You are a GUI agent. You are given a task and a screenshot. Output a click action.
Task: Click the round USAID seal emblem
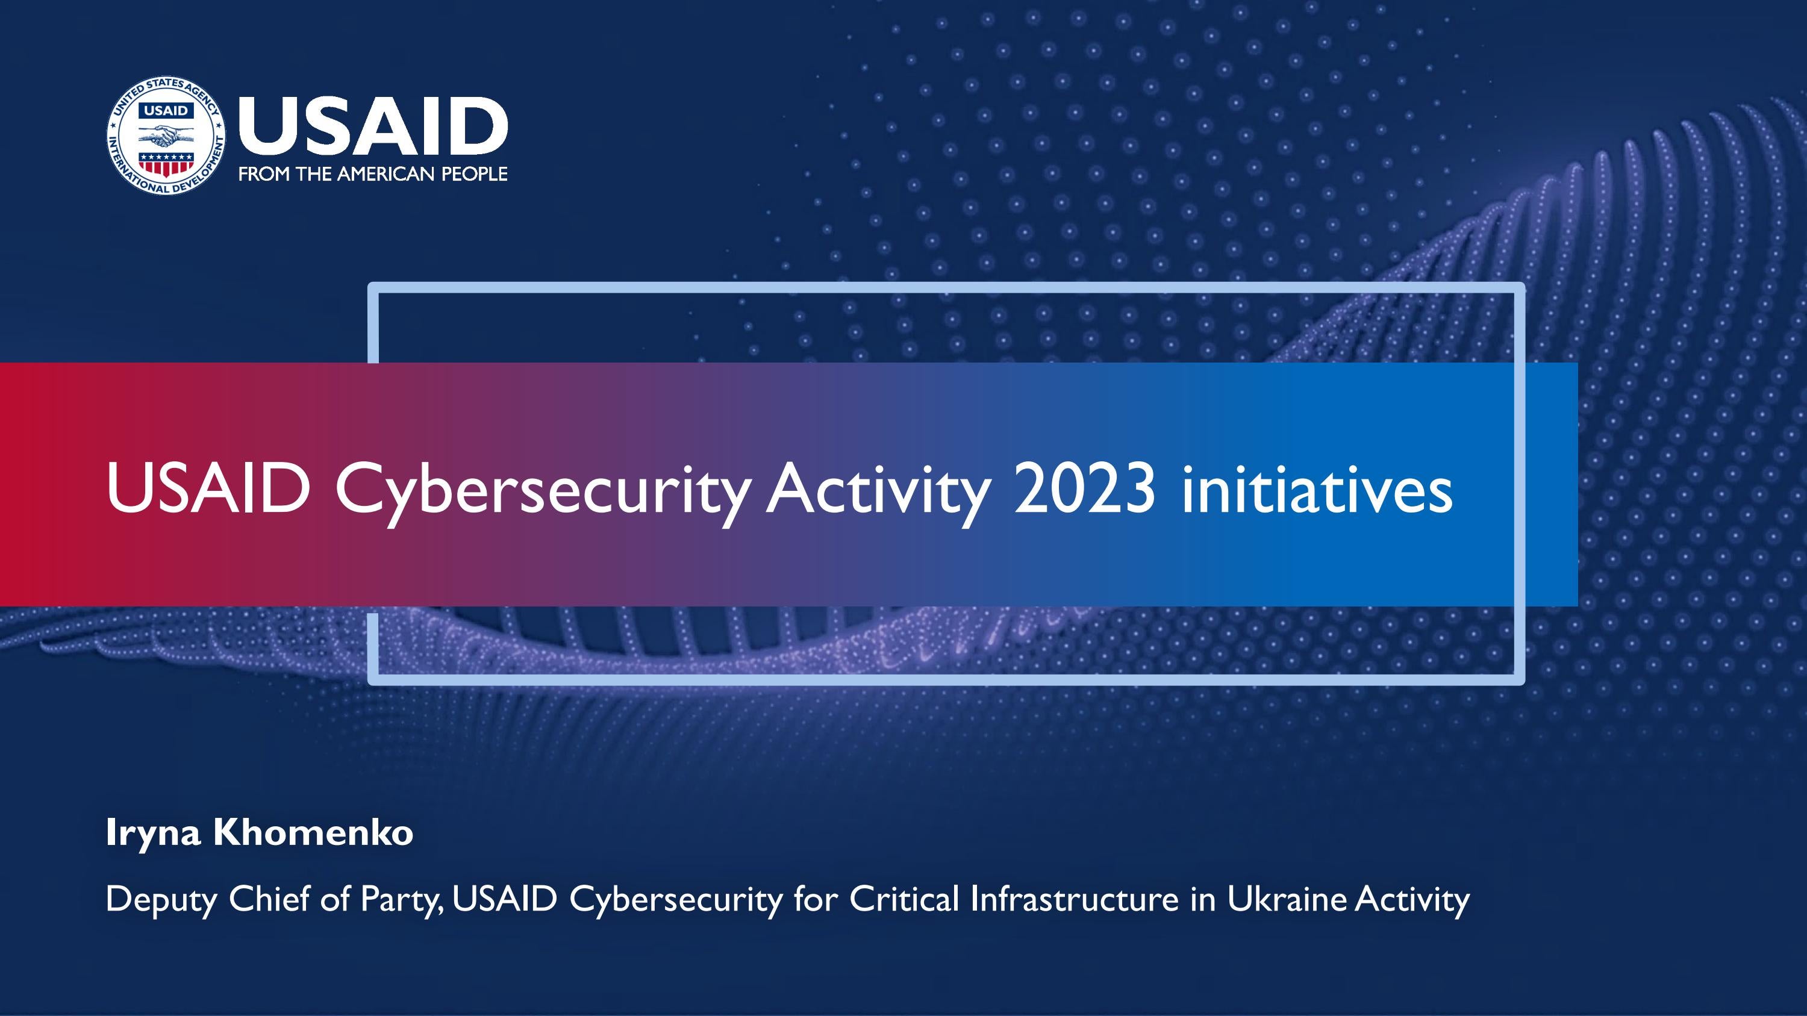(166, 136)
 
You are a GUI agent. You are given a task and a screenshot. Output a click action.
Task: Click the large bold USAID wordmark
(372, 127)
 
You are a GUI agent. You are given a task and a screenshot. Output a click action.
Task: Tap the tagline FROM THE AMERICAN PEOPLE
(372, 174)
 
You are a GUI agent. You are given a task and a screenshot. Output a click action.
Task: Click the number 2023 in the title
(1084, 488)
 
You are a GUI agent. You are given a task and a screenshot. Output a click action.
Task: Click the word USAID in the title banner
(208, 488)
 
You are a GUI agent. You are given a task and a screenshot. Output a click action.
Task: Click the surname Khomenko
(313, 832)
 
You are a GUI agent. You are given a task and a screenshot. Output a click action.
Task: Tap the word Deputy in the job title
(161, 900)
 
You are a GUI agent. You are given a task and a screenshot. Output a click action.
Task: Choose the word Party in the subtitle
(401, 900)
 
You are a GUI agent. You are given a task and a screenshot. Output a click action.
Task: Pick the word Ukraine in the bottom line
(1287, 899)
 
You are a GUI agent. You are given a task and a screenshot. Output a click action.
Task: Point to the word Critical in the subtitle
(904, 899)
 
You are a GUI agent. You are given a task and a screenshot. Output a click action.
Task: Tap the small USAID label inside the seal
(166, 111)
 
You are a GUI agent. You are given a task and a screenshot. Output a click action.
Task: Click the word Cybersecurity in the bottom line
(676, 900)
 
